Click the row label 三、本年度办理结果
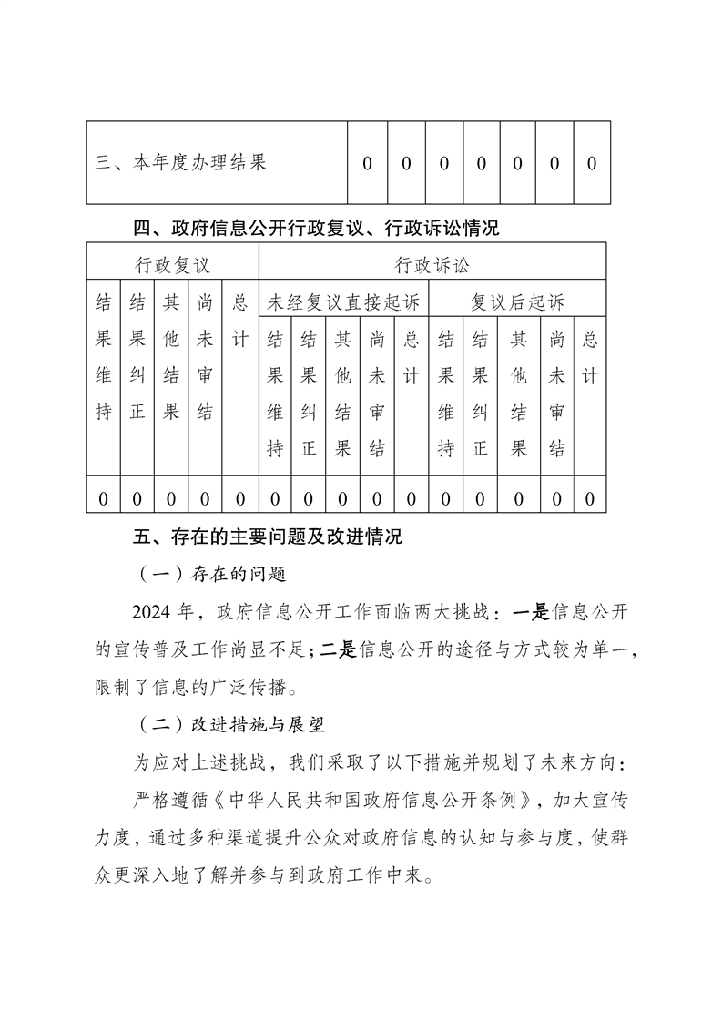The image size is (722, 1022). pos(181,163)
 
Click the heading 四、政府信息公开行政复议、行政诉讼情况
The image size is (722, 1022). pos(316,228)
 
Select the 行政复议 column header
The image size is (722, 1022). pos(172,265)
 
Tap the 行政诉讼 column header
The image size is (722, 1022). pos(432,265)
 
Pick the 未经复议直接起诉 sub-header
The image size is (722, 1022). pos(342,301)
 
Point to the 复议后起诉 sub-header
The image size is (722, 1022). pos(517,301)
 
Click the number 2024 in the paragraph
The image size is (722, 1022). pos(152,611)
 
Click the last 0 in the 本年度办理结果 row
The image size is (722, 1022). pos(591,163)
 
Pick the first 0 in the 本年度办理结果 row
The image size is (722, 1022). pos(367,163)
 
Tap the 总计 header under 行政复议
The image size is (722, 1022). pos(240,320)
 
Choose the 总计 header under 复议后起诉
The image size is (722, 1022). pos(590,357)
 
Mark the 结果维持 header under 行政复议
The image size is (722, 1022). pos(103,356)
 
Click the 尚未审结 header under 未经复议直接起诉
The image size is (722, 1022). pos(377,393)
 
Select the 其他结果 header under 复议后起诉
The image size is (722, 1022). pos(519,393)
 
